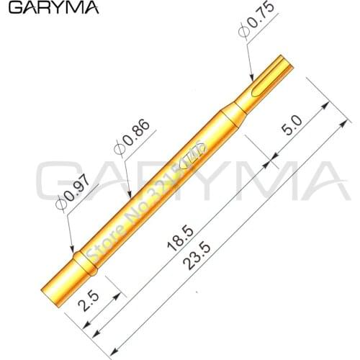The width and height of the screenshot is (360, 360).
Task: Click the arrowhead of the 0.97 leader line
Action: point(74,252)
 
